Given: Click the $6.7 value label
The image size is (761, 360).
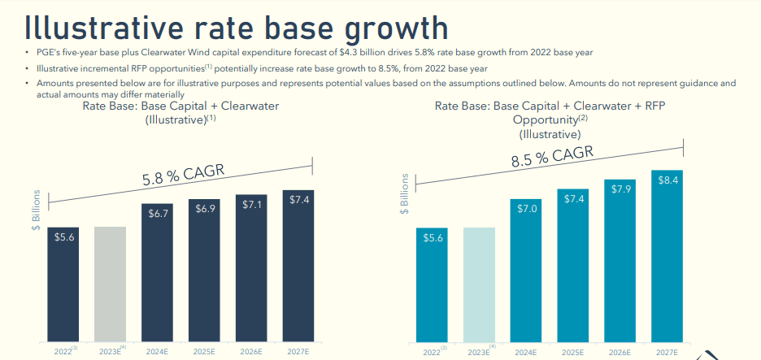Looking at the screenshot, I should [x=158, y=214].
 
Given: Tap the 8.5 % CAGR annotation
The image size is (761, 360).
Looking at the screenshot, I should [x=552, y=157].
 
